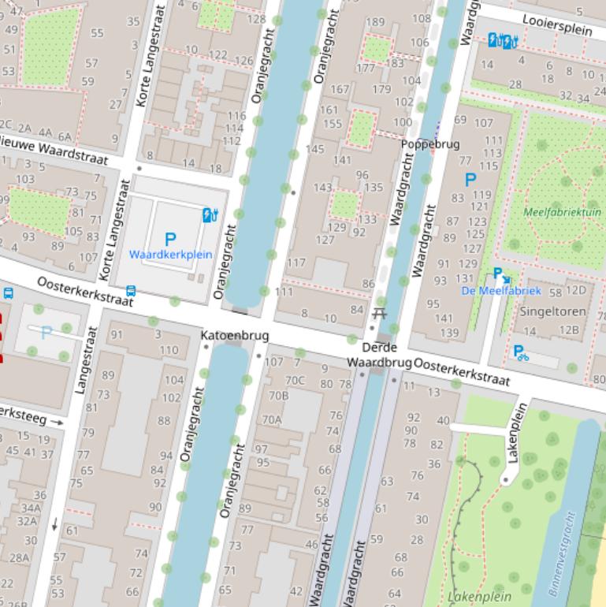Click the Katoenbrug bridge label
point(235,336)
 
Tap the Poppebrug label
point(430,144)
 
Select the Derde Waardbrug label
point(380,355)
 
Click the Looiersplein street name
point(557,24)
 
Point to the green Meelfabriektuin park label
point(562,212)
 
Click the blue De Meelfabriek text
point(501,291)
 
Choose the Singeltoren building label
point(552,311)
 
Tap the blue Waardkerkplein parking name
point(170,255)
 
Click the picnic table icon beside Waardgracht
point(379,314)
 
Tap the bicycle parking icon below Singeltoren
point(521,353)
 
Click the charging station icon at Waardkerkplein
point(210,214)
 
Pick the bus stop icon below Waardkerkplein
point(131,292)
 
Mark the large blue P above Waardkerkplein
point(170,239)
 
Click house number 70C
point(295,380)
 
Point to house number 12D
point(576,290)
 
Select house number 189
point(375,22)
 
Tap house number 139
point(448,333)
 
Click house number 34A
point(31,508)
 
